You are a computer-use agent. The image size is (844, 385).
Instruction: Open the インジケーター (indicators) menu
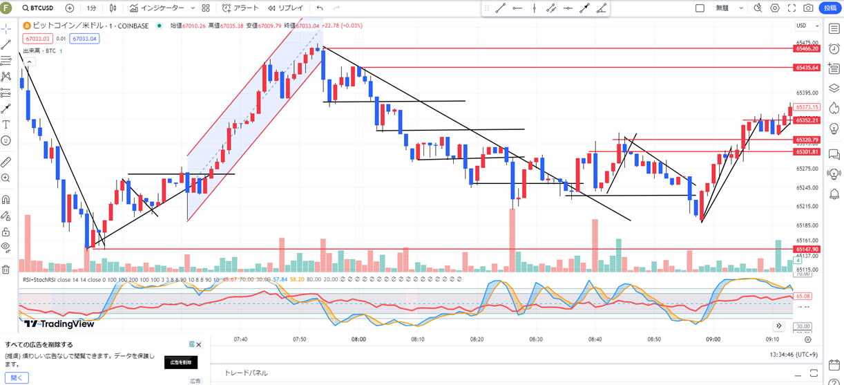click(x=157, y=8)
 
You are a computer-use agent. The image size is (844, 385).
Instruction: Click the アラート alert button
click(x=241, y=8)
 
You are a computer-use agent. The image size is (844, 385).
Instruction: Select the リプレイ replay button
click(x=285, y=8)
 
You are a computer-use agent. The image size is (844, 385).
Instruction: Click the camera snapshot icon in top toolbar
click(x=809, y=8)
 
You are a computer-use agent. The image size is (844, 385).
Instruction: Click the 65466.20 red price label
click(x=807, y=48)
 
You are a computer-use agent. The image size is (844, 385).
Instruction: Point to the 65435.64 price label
click(x=807, y=68)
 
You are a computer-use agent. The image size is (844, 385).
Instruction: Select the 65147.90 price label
click(x=807, y=249)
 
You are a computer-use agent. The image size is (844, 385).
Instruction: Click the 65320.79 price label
click(x=807, y=140)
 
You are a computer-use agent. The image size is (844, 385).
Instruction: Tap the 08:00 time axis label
click(x=358, y=339)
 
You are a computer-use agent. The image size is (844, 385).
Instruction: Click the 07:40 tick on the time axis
click(x=240, y=339)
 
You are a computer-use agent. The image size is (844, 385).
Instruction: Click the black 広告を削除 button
click(x=180, y=362)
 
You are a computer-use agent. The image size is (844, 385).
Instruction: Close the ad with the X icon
click(x=199, y=344)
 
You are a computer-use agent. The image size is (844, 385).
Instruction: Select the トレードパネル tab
click(x=246, y=373)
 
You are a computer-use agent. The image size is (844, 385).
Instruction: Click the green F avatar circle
click(x=6, y=8)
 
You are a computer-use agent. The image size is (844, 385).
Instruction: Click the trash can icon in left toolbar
click(x=6, y=269)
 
